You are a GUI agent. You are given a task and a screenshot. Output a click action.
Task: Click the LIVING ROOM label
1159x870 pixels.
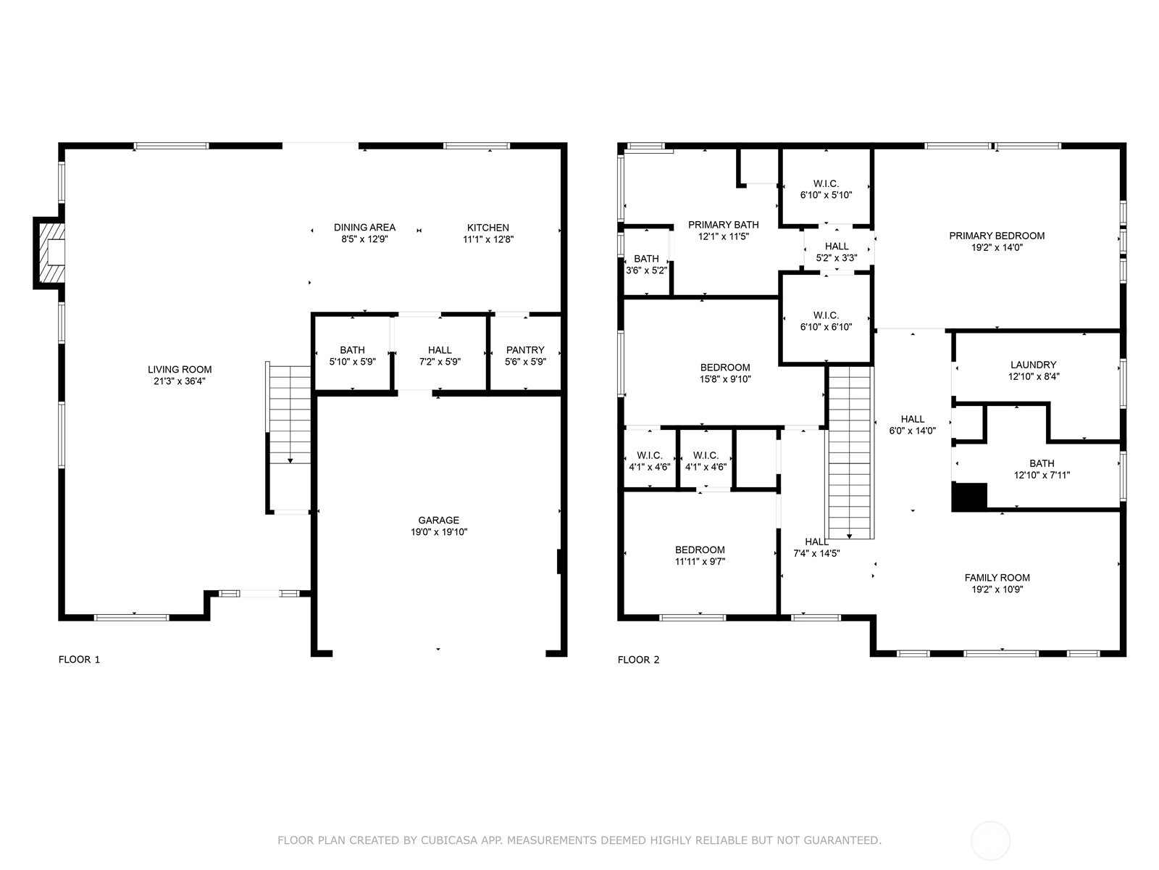(x=180, y=369)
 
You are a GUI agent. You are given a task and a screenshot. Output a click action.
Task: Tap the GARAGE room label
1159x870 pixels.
(x=438, y=520)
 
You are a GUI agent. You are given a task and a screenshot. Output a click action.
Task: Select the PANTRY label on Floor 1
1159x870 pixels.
(x=525, y=349)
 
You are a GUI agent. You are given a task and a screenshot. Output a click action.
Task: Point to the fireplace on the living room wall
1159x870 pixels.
(x=50, y=253)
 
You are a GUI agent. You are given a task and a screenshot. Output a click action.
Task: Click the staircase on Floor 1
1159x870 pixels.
(x=289, y=438)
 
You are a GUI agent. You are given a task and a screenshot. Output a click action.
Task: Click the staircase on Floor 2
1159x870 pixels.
(x=849, y=452)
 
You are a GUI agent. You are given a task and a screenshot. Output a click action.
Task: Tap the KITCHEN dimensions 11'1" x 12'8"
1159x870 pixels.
(x=488, y=239)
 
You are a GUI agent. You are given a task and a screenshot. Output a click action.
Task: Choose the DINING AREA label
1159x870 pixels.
(x=364, y=227)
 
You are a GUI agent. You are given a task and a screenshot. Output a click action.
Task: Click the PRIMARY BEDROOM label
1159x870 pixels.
(x=996, y=236)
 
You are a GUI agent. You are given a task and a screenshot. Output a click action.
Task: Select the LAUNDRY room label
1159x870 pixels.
(x=1034, y=365)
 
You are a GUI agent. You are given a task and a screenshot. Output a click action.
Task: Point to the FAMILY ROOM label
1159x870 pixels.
(x=997, y=577)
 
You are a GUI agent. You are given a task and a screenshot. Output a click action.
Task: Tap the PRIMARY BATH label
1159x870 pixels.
(x=724, y=225)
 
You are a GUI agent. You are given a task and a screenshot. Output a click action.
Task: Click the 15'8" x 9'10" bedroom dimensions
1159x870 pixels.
(x=725, y=378)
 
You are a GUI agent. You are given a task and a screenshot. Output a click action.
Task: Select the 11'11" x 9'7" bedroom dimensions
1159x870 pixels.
(x=700, y=561)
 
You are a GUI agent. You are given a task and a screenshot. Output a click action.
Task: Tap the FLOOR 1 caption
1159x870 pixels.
(x=79, y=659)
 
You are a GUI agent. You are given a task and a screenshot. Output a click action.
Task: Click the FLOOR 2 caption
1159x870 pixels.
(x=638, y=659)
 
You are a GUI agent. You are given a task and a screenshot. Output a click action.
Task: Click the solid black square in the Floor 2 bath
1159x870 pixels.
(x=969, y=497)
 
